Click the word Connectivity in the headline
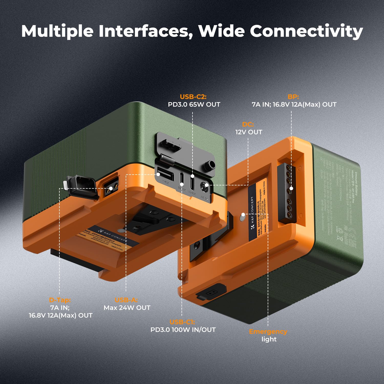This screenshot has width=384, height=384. click(306, 31)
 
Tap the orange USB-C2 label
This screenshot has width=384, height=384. click(193, 97)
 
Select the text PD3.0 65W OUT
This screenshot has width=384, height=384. click(194, 104)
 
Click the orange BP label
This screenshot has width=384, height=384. click(293, 97)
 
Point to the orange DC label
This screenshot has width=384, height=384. click(248, 124)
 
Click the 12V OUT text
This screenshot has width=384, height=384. click(249, 132)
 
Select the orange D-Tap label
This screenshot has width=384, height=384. click(60, 300)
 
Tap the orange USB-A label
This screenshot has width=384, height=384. click(126, 300)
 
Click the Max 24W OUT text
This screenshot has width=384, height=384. click(127, 308)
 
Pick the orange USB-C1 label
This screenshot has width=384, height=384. click(182, 322)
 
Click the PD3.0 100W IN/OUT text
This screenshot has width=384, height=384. click(183, 330)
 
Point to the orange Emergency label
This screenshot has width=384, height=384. click(268, 332)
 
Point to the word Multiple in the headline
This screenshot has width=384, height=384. click(57, 31)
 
